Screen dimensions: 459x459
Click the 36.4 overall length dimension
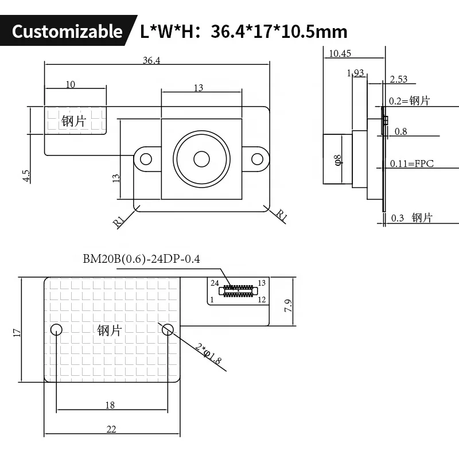click(151, 60)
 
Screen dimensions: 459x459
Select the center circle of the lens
click(201, 158)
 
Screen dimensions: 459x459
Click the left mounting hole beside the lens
click(147, 159)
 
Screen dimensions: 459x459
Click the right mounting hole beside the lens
click(256, 159)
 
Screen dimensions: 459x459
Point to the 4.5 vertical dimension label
click(26, 176)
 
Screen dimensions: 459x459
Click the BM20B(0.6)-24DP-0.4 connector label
click(141, 259)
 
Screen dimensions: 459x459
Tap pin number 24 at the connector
click(215, 283)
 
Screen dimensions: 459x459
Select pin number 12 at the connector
click(262, 299)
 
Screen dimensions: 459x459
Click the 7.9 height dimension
click(289, 306)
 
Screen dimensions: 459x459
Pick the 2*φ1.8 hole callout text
click(208, 354)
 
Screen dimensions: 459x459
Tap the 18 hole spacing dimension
click(110, 405)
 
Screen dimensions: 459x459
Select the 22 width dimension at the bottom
click(111, 429)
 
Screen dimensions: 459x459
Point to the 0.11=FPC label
click(411, 164)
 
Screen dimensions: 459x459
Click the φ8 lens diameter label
click(338, 160)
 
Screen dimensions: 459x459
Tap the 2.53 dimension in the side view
click(398, 79)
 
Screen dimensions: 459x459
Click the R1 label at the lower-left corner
click(120, 221)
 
